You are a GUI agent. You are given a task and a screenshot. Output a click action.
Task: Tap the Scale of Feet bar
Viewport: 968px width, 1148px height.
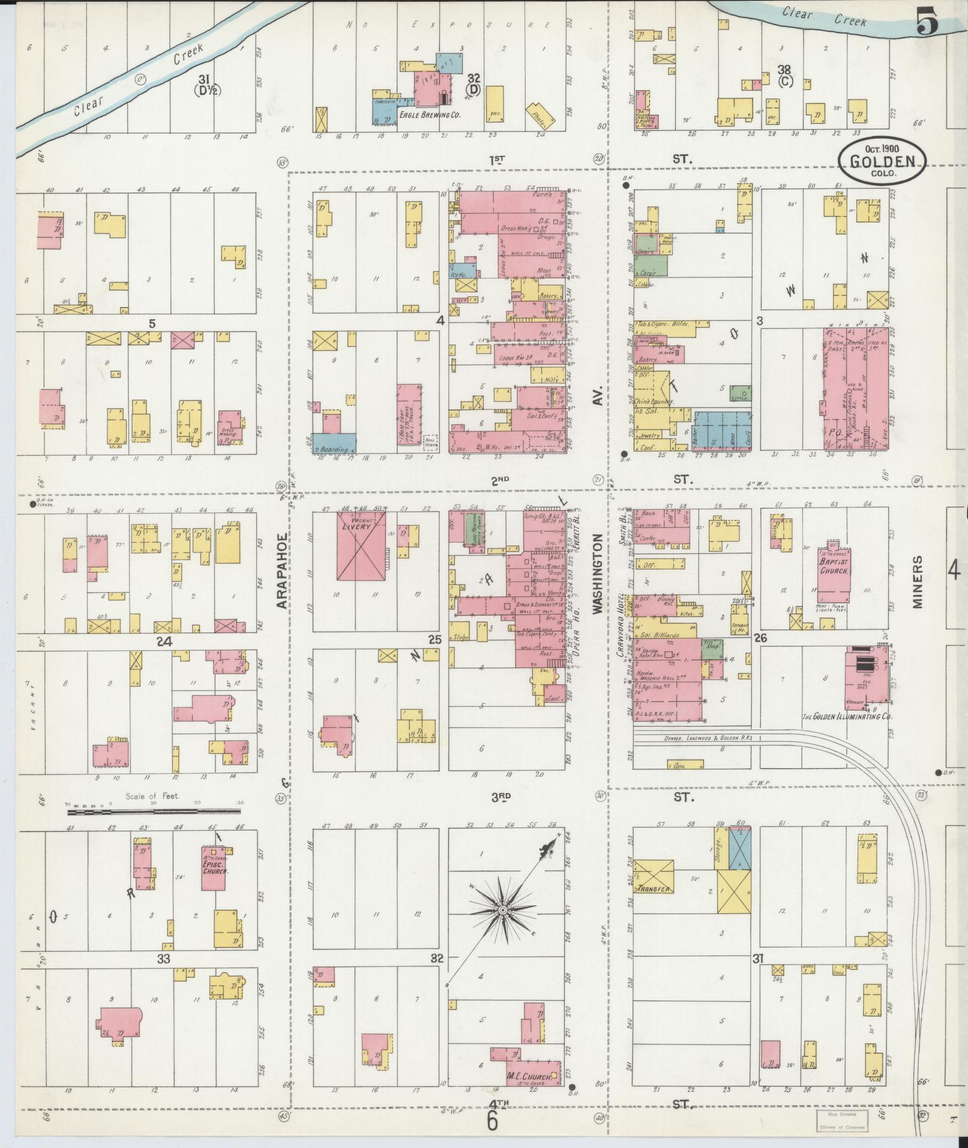click(154, 811)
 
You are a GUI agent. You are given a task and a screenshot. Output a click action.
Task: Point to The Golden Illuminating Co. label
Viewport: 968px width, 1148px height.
click(847, 717)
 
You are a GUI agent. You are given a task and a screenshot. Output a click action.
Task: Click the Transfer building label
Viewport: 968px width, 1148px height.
click(654, 889)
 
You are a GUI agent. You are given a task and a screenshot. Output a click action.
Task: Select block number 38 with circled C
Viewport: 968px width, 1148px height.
click(784, 74)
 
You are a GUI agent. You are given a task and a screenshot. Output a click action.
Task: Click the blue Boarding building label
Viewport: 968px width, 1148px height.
click(334, 448)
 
